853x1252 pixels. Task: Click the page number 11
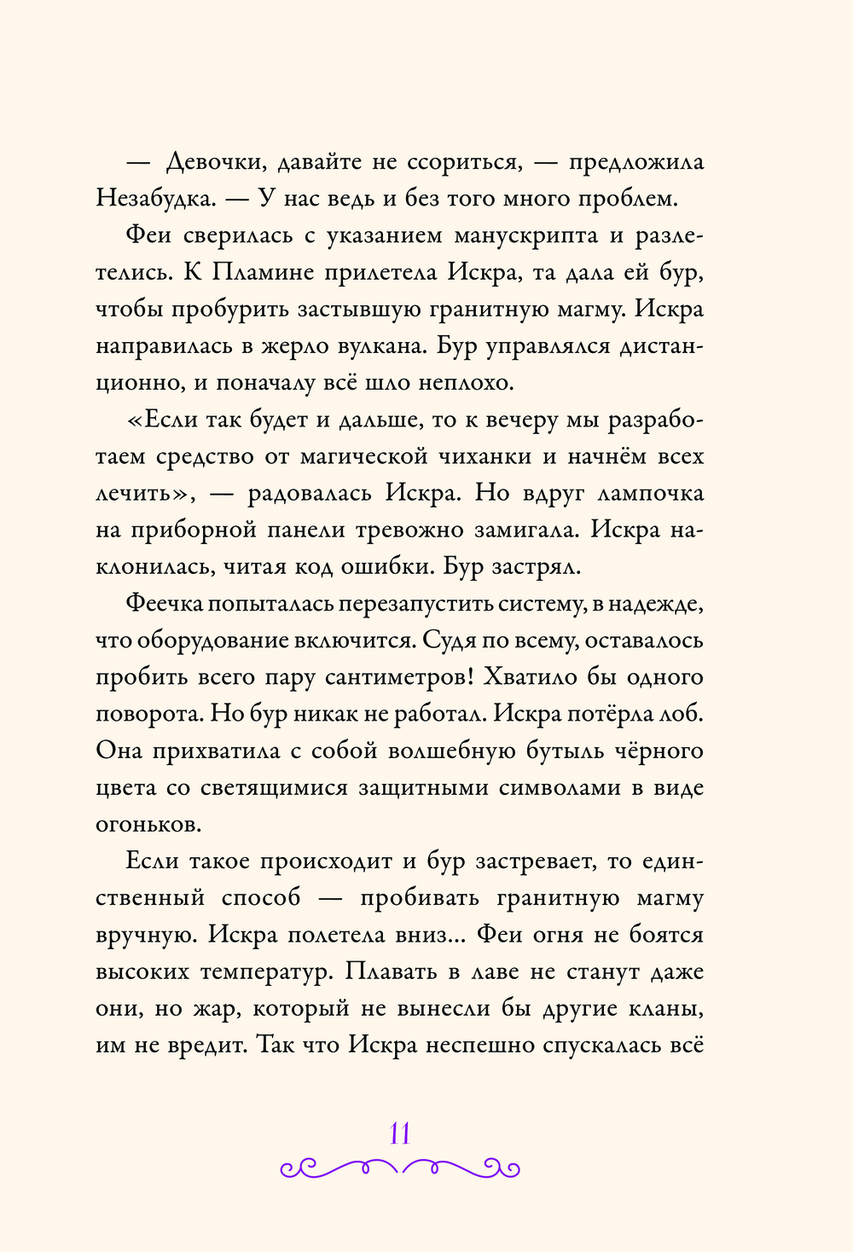tap(400, 1133)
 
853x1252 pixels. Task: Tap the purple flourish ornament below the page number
tap(400, 1166)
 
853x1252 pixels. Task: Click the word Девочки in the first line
tap(218, 162)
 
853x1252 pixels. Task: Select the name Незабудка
tap(154, 199)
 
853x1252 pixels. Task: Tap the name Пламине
tap(271, 272)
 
